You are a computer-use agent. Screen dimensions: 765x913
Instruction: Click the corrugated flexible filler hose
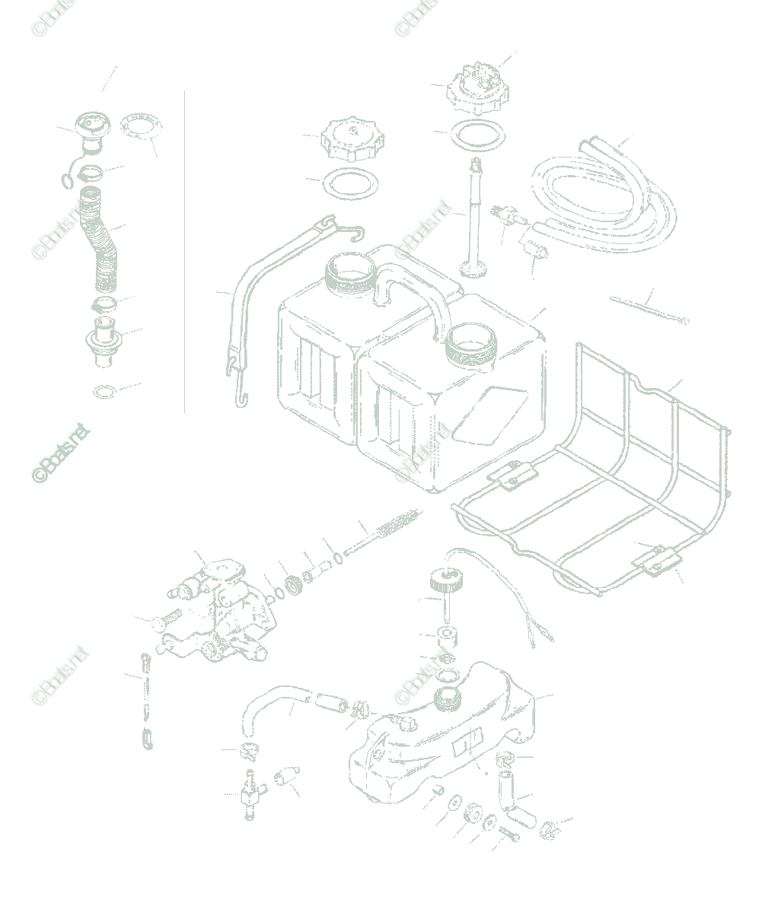105,243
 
